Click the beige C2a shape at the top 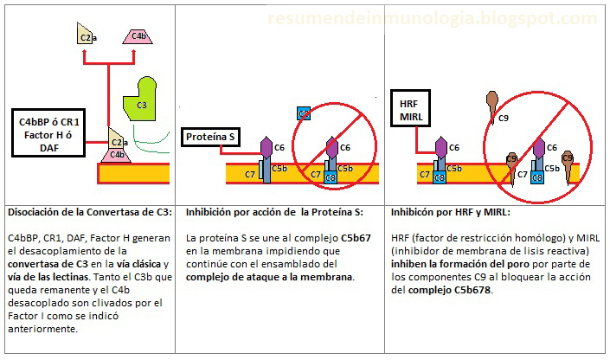(x=86, y=34)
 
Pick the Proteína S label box (x=210, y=137)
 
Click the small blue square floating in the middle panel (x=304, y=113)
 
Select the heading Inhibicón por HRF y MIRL (x=450, y=211)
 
